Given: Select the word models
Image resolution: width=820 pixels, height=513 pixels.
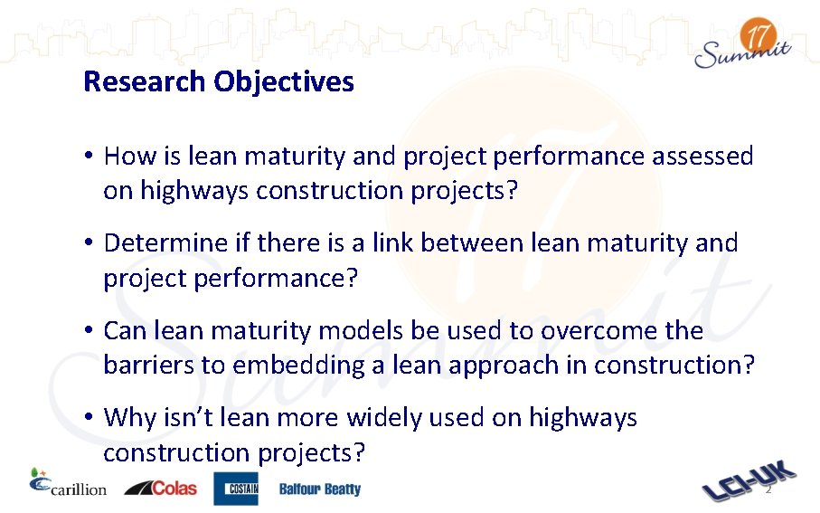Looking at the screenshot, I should (356, 331).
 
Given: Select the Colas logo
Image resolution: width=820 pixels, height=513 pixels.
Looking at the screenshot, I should (160, 488).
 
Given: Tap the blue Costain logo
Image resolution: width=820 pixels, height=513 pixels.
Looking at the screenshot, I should (236, 489).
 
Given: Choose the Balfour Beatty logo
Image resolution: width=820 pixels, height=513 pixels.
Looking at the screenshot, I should (319, 489).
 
